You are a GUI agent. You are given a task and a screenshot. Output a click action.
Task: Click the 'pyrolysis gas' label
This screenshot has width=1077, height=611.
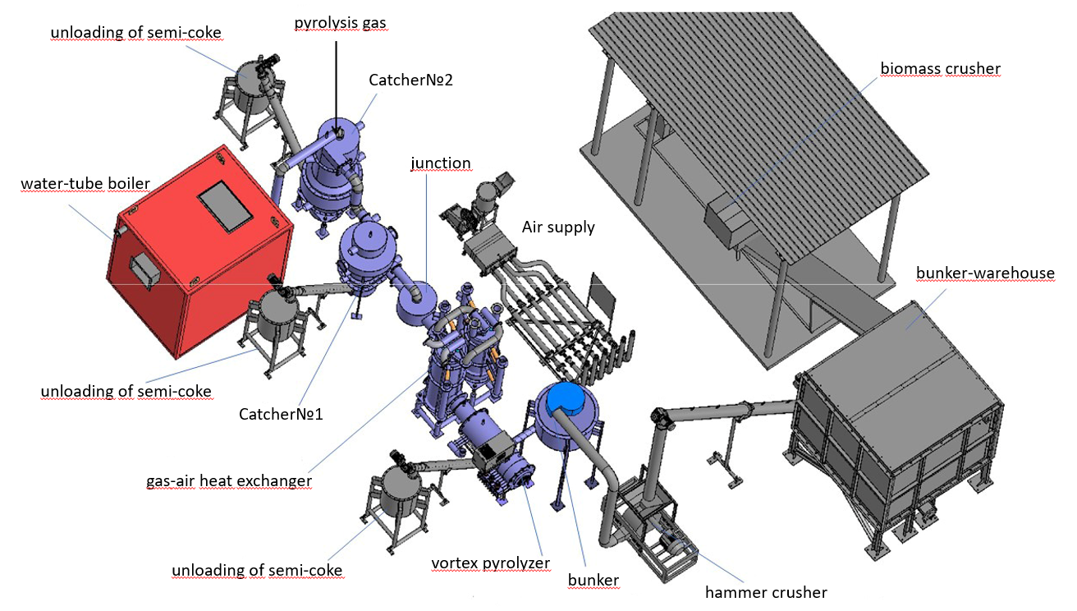[340, 23]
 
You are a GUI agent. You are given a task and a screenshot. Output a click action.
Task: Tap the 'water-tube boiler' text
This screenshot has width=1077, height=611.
[85, 183]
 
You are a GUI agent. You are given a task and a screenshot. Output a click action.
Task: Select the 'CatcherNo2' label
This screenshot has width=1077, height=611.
[410, 80]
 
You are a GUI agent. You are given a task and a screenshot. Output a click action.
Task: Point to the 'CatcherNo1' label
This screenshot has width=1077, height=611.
[281, 414]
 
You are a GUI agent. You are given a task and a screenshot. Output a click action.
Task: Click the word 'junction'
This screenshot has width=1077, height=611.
[441, 163]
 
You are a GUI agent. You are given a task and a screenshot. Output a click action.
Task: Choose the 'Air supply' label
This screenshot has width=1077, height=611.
[558, 227]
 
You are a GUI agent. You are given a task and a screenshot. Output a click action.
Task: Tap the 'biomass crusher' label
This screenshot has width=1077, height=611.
[940, 68]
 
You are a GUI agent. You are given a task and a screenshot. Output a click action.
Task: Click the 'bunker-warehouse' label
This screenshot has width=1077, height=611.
[985, 273]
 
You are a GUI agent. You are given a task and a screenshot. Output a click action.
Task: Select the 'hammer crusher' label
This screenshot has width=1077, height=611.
[766, 592]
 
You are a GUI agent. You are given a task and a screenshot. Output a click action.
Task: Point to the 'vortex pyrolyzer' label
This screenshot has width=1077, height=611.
[490, 563]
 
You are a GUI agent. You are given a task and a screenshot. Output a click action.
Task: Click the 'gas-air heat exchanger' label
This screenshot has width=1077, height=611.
[229, 480]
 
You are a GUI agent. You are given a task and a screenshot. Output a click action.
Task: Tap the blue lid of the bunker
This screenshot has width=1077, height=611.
[569, 397]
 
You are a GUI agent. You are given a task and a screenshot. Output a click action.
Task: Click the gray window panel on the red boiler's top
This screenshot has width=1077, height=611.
[226, 206]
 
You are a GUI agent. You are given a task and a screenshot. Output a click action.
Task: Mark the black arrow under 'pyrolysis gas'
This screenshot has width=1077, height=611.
[336, 86]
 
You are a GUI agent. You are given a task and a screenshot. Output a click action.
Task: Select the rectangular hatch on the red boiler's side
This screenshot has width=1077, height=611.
[144, 273]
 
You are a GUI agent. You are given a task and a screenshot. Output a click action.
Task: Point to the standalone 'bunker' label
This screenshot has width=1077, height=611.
[593, 581]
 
